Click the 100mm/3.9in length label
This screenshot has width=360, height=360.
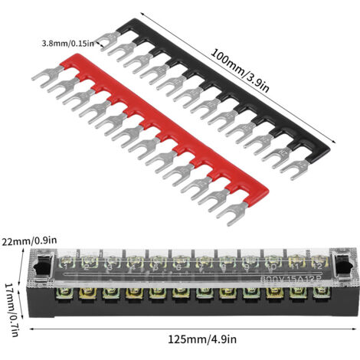point(240,70)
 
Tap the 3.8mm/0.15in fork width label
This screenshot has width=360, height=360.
point(68,44)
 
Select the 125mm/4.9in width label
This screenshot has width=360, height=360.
point(202,339)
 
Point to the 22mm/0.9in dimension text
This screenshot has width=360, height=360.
point(29,241)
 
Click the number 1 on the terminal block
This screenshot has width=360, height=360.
point(66,267)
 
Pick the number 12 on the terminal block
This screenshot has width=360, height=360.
point(318,267)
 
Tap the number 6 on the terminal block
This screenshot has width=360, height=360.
point(178,267)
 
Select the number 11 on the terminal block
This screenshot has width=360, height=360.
point(295,267)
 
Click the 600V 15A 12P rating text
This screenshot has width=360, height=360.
point(290,279)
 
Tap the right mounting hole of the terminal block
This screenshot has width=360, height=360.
point(344,264)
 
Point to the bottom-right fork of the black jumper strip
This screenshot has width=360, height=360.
point(294,169)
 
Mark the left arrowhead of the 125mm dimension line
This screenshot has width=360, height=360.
point(31,329)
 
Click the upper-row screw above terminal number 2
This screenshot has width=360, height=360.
point(87,261)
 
